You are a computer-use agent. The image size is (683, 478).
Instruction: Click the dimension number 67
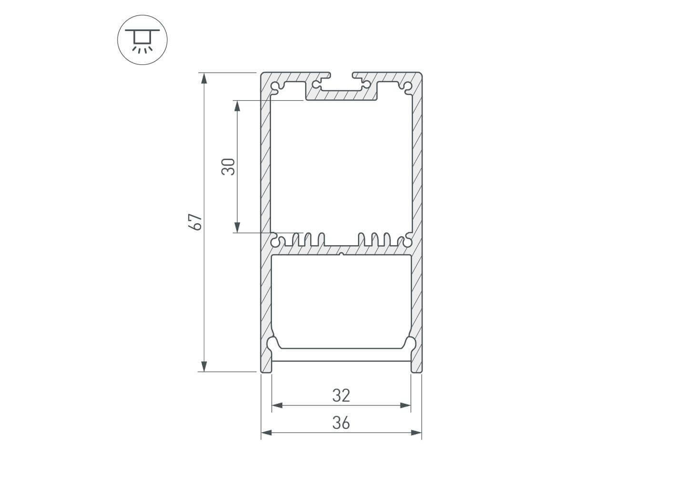[195, 222]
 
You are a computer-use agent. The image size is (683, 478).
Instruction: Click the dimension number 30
[228, 167]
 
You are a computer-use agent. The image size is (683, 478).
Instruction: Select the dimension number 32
[341, 395]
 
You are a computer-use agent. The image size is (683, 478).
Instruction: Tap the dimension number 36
[341, 423]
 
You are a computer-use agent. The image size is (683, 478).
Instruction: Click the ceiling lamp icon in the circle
[142, 41]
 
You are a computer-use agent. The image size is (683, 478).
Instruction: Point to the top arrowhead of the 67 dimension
[204, 78]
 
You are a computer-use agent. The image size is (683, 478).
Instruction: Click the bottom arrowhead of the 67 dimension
[204, 367]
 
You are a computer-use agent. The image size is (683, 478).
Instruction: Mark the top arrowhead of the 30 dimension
[237, 106]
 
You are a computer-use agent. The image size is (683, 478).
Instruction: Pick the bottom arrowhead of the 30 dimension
[237, 228]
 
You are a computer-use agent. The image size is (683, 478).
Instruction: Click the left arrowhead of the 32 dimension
[277, 405]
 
